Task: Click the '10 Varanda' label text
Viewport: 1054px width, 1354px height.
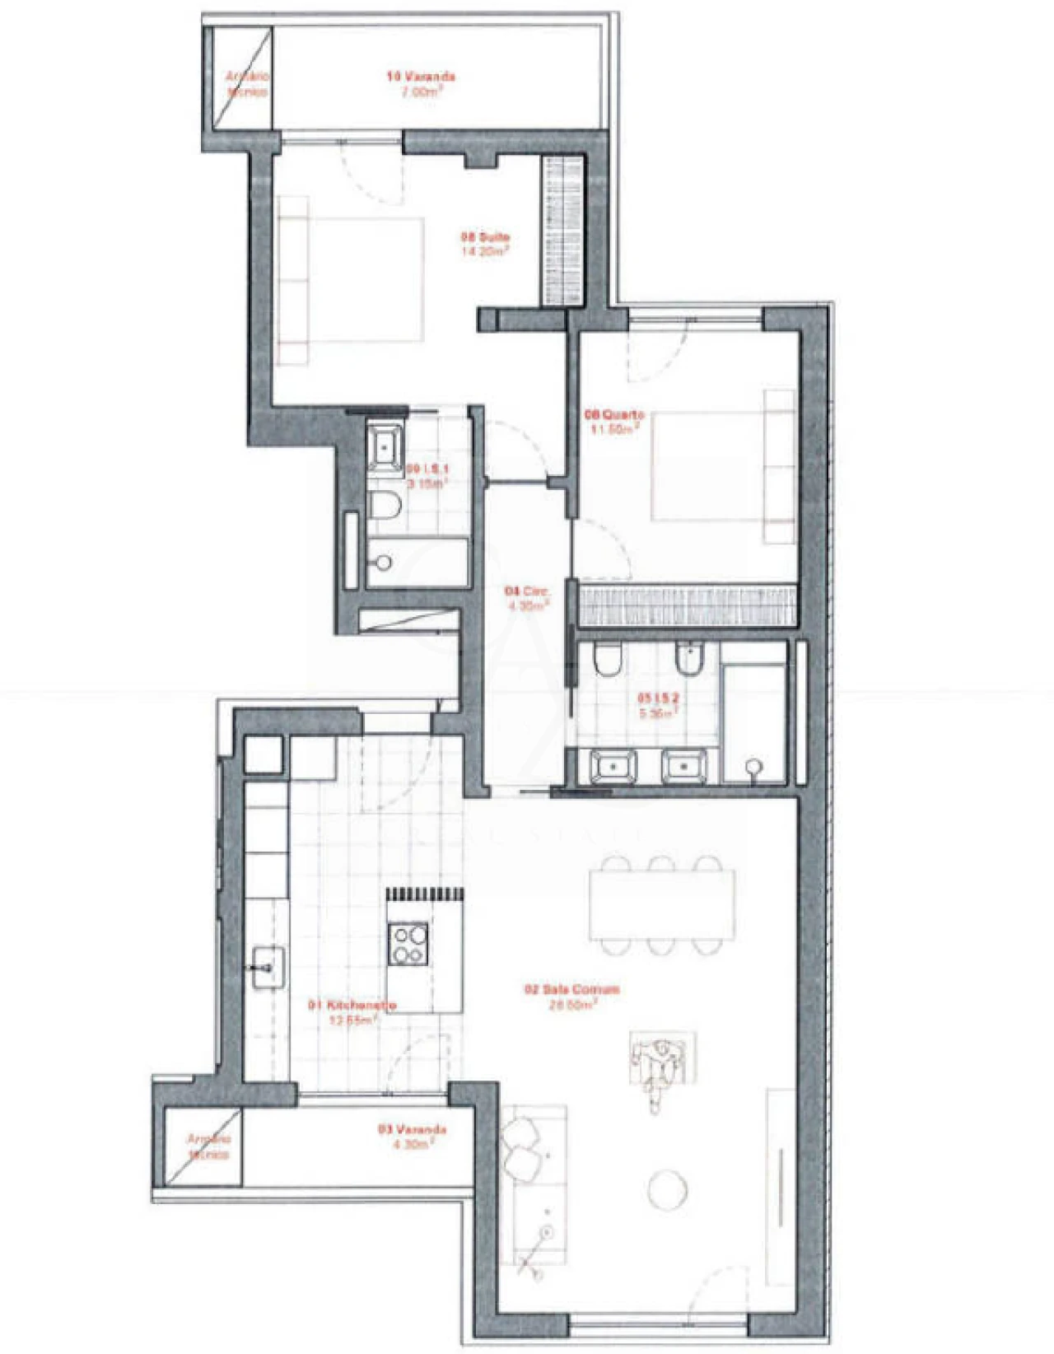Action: pyautogui.click(x=421, y=77)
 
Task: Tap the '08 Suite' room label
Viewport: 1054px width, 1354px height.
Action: pyautogui.click(x=485, y=237)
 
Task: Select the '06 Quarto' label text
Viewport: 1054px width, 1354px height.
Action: pyautogui.click(x=614, y=414)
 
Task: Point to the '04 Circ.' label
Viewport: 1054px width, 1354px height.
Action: pyautogui.click(x=527, y=591)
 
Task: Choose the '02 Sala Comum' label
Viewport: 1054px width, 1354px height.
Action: pyautogui.click(x=572, y=989)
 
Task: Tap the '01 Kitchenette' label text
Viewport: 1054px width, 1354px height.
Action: pyautogui.click(x=352, y=1005)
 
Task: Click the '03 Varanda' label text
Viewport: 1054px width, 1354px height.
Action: pyautogui.click(x=412, y=1129)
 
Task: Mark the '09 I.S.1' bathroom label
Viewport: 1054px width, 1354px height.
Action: pyautogui.click(x=428, y=469)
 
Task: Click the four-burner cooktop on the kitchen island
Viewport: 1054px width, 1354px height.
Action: pyautogui.click(x=408, y=945)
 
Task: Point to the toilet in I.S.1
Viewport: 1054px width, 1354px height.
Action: pyautogui.click(x=384, y=506)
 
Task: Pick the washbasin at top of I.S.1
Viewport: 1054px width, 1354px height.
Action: pyautogui.click(x=385, y=445)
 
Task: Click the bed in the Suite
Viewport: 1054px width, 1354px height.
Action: pyautogui.click(x=354, y=280)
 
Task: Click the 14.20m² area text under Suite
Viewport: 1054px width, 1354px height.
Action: pyautogui.click(x=485, y=252)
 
